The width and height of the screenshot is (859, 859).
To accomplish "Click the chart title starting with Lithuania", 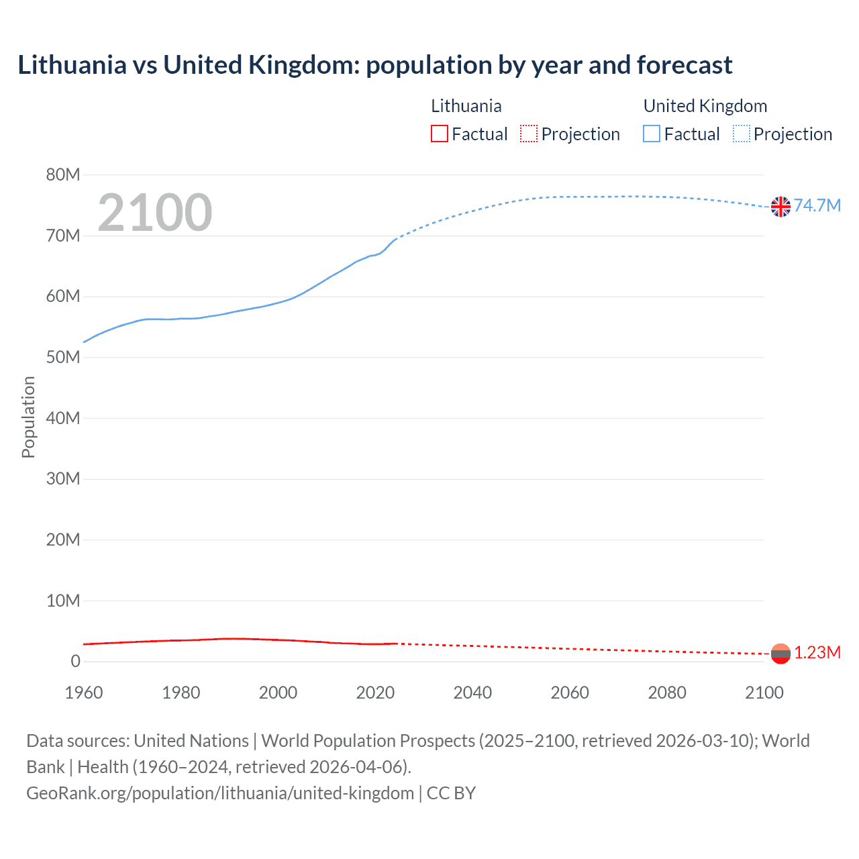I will coord(374,65).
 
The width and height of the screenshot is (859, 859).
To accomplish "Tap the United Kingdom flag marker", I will coord(780,207).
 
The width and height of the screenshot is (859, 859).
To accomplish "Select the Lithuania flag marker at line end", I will coord(780,654).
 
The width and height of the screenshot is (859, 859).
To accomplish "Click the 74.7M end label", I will coord(817,205).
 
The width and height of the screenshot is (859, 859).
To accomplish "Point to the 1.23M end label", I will coord(817,652).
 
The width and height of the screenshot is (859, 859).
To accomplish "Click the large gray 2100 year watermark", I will coord(155,213).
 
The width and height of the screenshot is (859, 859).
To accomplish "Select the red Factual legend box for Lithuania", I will coord(440,134).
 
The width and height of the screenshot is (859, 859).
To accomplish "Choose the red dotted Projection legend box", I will coord(529,134).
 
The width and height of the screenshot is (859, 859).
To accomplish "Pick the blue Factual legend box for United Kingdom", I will coord(652,134).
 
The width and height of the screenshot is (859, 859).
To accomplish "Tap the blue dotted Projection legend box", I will coord(742,134).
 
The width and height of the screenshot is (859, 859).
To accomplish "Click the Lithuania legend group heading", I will coord(466,106).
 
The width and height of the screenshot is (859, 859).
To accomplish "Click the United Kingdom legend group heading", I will coord(705,106).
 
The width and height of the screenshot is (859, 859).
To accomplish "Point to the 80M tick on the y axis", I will coord(63,175).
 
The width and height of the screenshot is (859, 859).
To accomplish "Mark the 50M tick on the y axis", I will coord(63,357).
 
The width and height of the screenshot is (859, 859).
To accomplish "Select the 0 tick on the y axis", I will coord(75,661).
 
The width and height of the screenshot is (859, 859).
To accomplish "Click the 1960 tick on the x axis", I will coord(84,693).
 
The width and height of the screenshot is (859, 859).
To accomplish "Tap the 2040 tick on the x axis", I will coord(472,693).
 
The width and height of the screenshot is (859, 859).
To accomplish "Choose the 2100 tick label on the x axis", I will coord(764,693).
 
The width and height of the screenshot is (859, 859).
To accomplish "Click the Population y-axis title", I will coord(28,417).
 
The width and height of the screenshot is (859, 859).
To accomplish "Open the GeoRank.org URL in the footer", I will coord(220,793).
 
